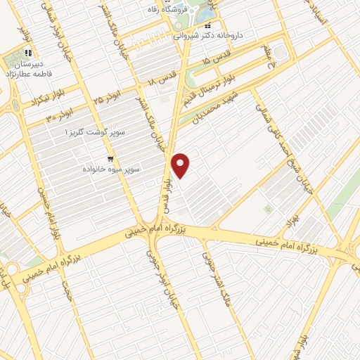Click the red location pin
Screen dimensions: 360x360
point(181,165)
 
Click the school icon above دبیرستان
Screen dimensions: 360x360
point(28,53)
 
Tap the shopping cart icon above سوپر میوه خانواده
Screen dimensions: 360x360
point(110,159)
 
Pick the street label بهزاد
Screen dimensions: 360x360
point(285,224)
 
